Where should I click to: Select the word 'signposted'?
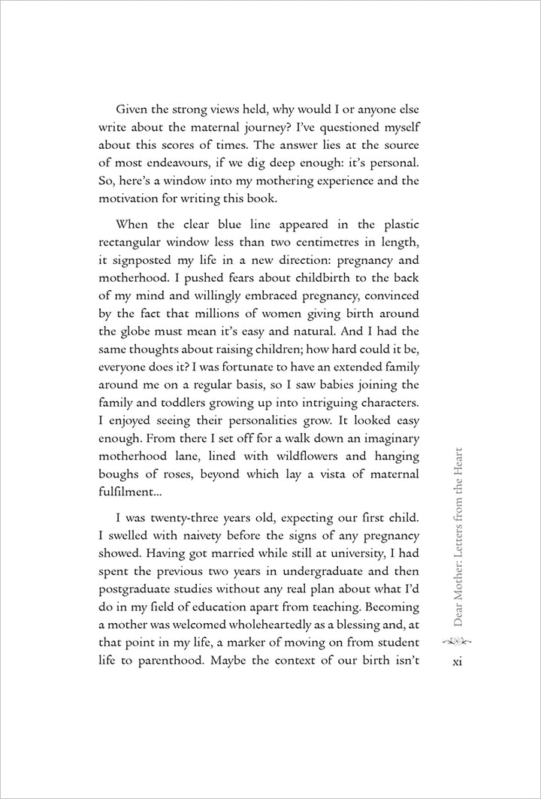pyautogui.click(x=145, y=264)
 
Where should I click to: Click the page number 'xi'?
pyautogui.click(x=459, y=661)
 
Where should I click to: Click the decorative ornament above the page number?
pyautogui.click(x=459, y=641)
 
